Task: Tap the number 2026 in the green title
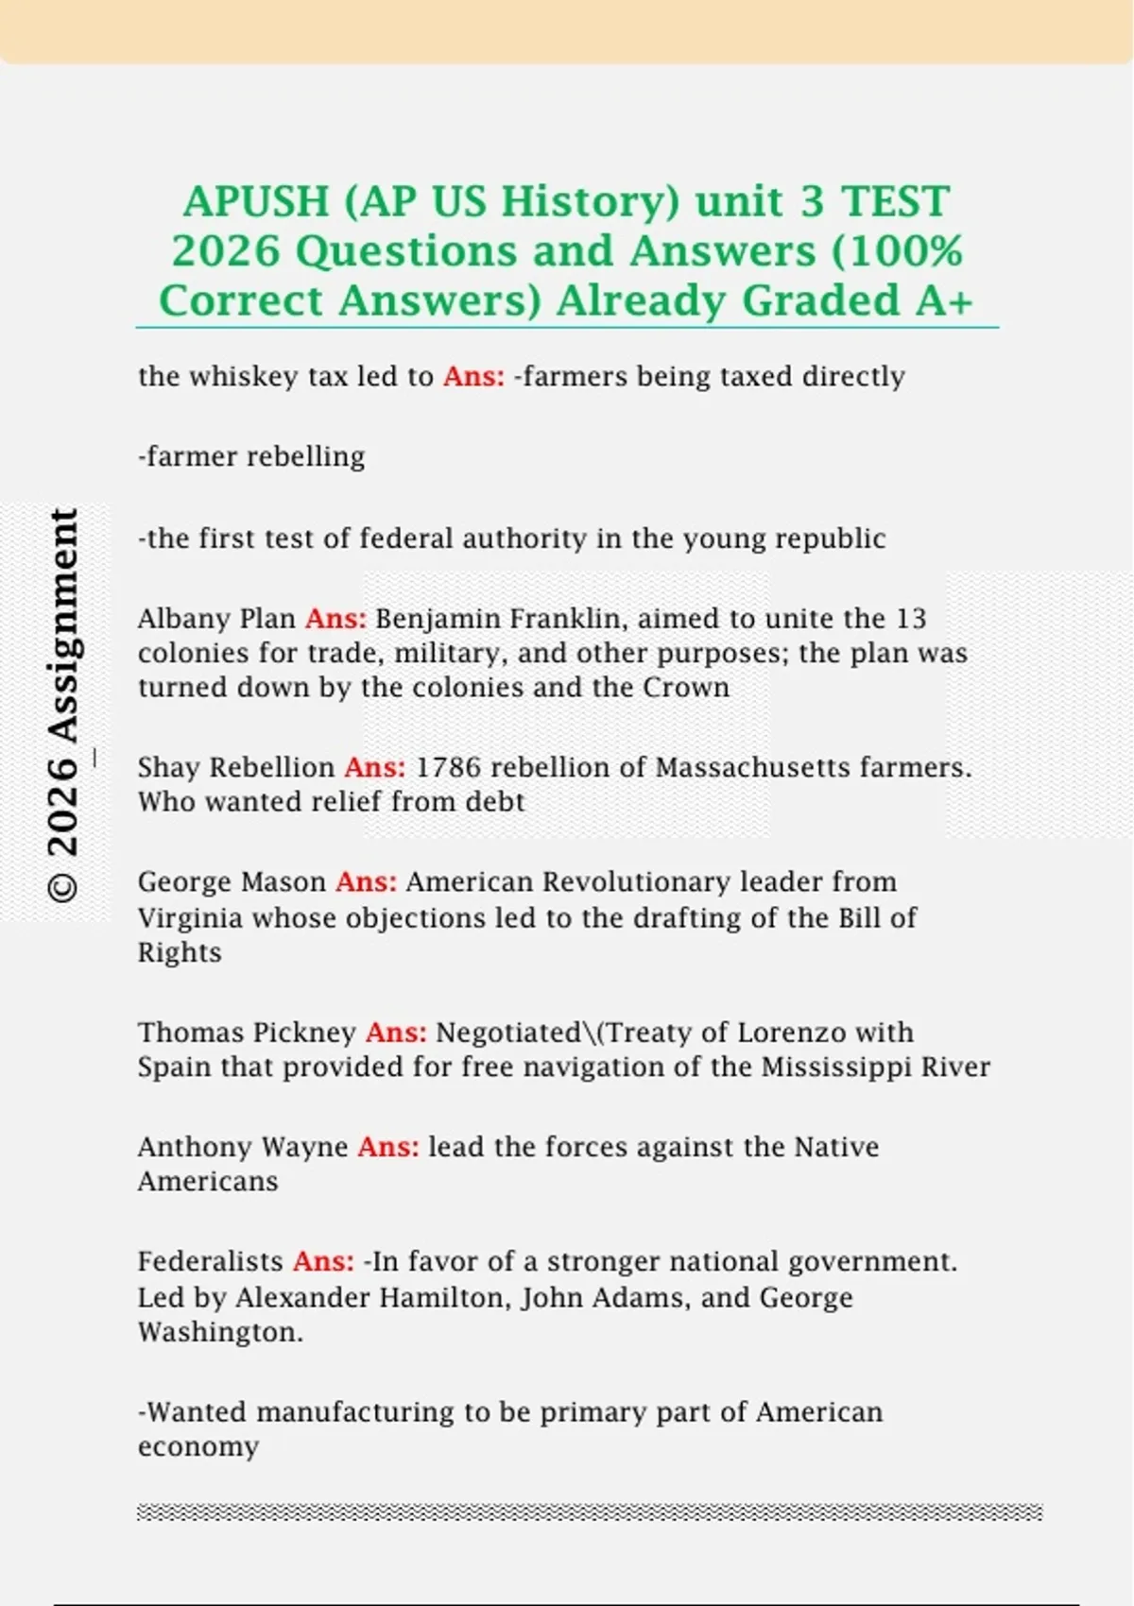click(226, 251)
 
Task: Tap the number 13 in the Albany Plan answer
click(911, 619)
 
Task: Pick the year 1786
click(448, 767)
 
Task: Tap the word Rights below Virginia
click(180, 952)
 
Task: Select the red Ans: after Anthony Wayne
click(387, 1147)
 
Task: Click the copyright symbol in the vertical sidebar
click(63, 887)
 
